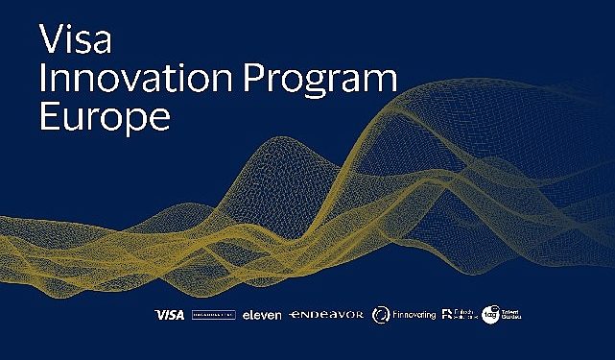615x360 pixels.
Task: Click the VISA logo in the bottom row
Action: [169, 314]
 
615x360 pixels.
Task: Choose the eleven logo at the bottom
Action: [261, 314]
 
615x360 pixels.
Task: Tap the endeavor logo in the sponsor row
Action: [326, 314]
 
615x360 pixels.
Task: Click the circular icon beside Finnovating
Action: [381, 314]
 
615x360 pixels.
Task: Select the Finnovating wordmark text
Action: [414, 314]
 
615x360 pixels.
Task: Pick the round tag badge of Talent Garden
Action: [490, 313]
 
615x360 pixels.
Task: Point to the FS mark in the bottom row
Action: [446, 313]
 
